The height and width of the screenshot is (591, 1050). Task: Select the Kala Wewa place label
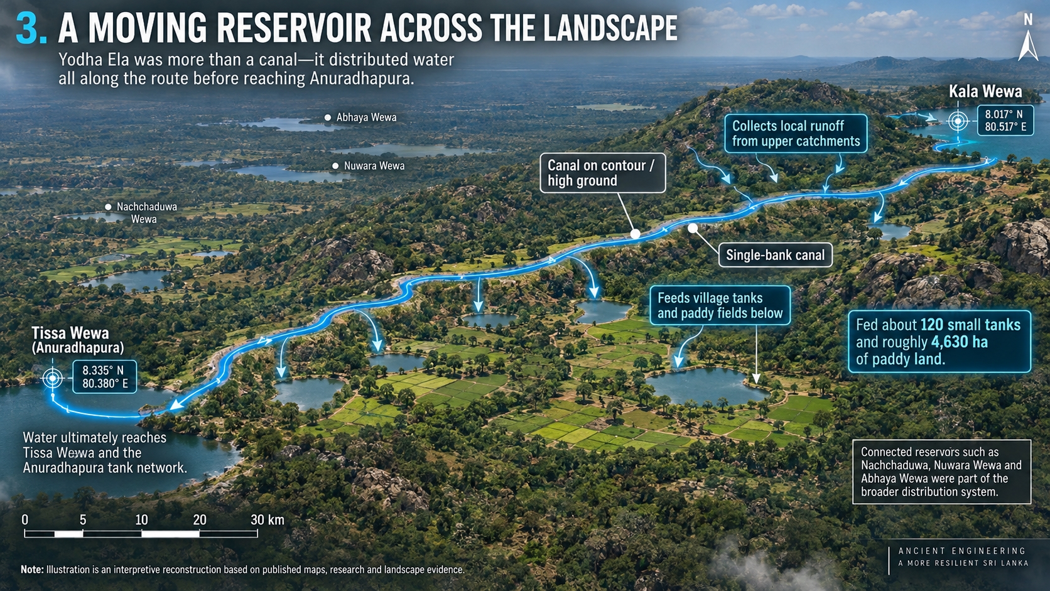(x=985, y=92)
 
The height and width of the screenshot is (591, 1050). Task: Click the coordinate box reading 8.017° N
(x=1005, y=121)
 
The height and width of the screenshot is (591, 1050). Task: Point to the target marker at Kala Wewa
(x=958, y=121)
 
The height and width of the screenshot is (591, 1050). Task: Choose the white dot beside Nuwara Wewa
(x=335, y=166)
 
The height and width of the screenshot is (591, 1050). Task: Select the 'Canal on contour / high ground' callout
(x=602, y=173)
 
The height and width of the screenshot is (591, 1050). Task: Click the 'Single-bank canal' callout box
(x=776, y=255)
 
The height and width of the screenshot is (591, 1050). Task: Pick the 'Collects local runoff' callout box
(x=796, y=134)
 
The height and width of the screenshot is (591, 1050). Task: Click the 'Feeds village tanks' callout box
(x=720, y=306)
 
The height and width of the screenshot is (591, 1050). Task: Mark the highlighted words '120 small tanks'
(x=970, y=325)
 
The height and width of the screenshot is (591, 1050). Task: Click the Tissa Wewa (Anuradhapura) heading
(x=78, y=340)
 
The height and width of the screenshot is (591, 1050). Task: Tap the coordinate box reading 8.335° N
(x=105, y=377)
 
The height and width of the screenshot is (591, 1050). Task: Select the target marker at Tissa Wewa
(x=53, y=377)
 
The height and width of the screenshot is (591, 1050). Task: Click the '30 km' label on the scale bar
(x=267, y=520)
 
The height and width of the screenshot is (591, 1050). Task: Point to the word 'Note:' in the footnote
(x=32, y=570)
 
